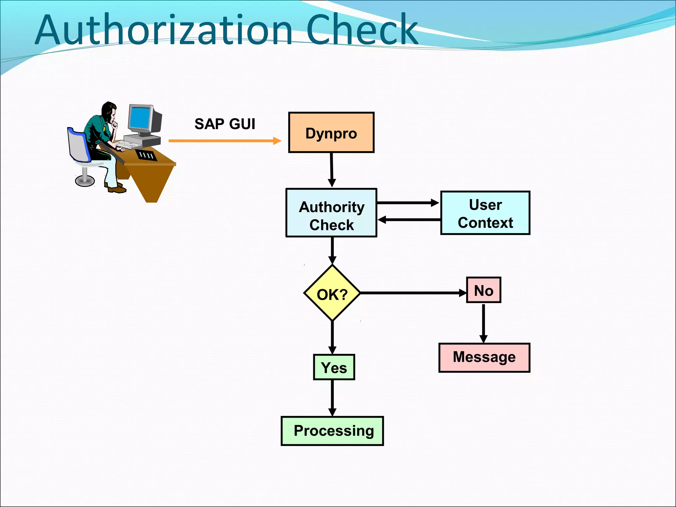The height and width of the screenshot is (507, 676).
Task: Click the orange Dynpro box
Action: click(331, 132)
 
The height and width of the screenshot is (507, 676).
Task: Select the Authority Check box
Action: click(331, 213)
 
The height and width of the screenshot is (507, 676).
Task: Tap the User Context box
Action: click(485, 213)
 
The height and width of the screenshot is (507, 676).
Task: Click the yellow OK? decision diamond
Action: click(332, 293)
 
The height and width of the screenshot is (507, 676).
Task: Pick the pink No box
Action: click(484, 290)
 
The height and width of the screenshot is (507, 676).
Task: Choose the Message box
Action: click(484, 357)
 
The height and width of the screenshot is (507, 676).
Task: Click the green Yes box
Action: click(334, 367)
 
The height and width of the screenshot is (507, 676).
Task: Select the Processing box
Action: click(332, 431)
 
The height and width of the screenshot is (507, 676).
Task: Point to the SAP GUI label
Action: click(225, 124)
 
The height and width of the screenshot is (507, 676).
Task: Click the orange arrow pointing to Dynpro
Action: click(224, 141)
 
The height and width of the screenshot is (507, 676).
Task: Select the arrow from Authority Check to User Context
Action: click(408, 203)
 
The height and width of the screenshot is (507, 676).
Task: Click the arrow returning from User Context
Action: click(409, 220)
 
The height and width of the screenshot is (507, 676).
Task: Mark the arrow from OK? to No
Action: click(413, 293)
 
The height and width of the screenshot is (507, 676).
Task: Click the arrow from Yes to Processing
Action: click(332, 398)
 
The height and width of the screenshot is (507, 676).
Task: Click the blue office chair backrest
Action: click(79, 145)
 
